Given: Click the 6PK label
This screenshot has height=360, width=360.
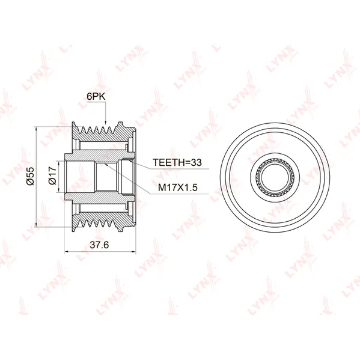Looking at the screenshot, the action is click(x=96, y=97).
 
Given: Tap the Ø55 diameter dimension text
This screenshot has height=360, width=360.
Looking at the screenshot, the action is click(x=30, y=176).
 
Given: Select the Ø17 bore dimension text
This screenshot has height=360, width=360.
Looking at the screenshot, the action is click(x=52, y=175).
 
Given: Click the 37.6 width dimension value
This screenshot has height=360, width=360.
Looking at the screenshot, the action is click(x=99, y=245).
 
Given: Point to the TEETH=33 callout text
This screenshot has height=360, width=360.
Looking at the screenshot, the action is click(x=177, y=162).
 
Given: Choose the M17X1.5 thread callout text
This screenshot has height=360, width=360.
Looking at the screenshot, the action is click(x=178, y=188).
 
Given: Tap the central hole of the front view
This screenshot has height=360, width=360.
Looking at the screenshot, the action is click(x=275, y=178).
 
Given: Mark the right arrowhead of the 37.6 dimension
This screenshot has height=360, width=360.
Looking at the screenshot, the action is click(x=133, y=252).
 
